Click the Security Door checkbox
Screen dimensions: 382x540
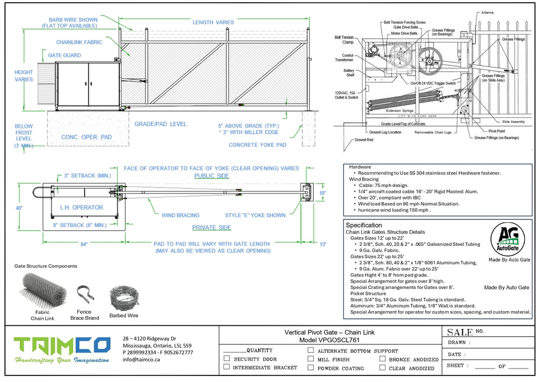[227, 359]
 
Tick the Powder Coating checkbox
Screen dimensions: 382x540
[310, 368]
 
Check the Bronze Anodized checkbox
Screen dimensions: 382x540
[382, 359]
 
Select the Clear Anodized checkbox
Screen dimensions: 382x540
[382, 368]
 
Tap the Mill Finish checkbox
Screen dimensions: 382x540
[310, 359]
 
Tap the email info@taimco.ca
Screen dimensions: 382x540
[141, 359]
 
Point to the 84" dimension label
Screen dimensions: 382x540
[84, 245]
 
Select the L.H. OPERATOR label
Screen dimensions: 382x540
[82, 207]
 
